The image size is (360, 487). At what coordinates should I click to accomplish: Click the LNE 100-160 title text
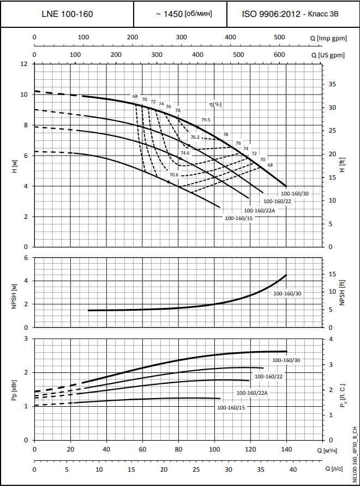click(x=67, y=14)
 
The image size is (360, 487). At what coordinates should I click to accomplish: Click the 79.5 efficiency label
click(x=206, y=120)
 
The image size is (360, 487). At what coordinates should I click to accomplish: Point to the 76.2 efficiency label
click(x=195, y=137)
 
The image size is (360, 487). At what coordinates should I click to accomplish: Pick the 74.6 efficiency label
click(x=185, y=153)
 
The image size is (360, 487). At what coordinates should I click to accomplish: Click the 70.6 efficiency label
click(x=174, y=175)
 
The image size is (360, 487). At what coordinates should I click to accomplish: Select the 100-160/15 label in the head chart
click(x=239, y=218)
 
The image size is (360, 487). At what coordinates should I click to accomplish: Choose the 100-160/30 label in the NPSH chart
click(x=287, y=294)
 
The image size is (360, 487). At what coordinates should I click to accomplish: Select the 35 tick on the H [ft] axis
click(x=333, y=85)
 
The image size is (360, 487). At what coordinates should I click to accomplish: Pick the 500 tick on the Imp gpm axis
click(x=279, y=37)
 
